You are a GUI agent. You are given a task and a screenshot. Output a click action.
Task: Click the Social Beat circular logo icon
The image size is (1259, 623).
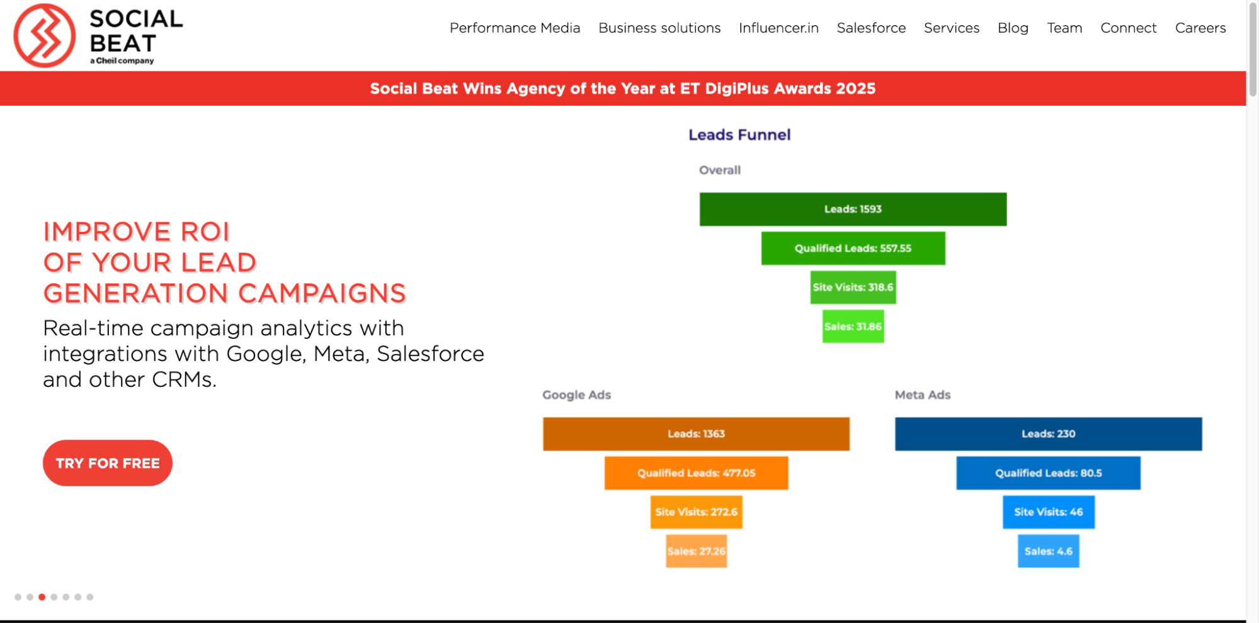(x=44, y=35)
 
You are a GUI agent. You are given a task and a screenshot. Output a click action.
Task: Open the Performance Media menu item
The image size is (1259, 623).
(x=515, y=28)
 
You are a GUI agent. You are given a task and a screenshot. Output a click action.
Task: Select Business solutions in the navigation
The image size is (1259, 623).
(x=659, y=28)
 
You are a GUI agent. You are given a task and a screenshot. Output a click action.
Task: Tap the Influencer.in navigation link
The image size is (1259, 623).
(x=778, y=28)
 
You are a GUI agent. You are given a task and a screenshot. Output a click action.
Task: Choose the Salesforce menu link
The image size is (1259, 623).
(x=871, y=28)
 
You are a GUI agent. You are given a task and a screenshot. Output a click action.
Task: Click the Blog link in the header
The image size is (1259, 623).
(x=1013, y=28)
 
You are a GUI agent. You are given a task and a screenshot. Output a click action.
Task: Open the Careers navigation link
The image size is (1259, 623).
(x=1200, y=28)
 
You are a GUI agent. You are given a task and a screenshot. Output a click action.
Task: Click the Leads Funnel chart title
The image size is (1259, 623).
(x=739, y=135)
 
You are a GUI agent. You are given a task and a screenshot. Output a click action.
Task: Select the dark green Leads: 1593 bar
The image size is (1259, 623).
(x=853, y=209)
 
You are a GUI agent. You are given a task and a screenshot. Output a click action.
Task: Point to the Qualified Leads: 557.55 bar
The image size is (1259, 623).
(x=853, y=248)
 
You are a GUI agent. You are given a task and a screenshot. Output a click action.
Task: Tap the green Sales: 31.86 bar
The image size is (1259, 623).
(x=853, y=326)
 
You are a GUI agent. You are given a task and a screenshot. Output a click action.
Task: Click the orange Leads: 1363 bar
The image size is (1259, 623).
(x=696, y=434)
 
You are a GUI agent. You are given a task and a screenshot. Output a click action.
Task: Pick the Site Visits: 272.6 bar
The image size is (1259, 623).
(x=696, y=512)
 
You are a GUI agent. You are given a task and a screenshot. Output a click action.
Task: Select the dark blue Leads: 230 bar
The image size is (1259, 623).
(x=1048, y=434)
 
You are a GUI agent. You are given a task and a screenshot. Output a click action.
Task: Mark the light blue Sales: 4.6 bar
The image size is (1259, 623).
(x=1048, y=551)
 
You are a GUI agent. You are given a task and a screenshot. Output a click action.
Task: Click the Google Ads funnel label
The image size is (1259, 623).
(x=576, y=395)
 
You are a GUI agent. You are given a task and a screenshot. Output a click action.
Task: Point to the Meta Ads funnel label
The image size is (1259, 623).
(x=923, y=395)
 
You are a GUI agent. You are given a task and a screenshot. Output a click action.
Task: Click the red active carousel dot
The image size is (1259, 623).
(x=42, y=597)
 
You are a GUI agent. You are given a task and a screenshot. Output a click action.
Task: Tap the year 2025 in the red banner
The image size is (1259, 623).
(x=856, y=89)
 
